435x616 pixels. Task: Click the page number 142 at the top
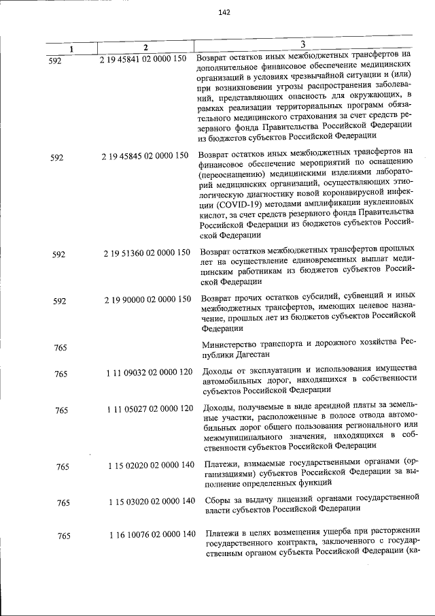click(226, 12)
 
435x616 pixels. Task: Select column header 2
click(145, 47)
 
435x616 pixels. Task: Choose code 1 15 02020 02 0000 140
click(151, 465)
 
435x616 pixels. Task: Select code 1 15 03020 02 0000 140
click(151, 502)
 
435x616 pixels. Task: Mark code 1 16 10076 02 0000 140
click(151, 534)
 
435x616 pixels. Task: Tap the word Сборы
click(215, 502)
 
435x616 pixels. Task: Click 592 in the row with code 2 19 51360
click(60, 255)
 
